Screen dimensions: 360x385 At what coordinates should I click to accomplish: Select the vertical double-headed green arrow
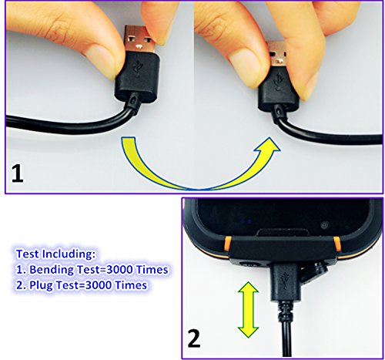(x=246, y=309)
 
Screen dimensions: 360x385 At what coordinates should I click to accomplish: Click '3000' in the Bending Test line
(x=126, y=270)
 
